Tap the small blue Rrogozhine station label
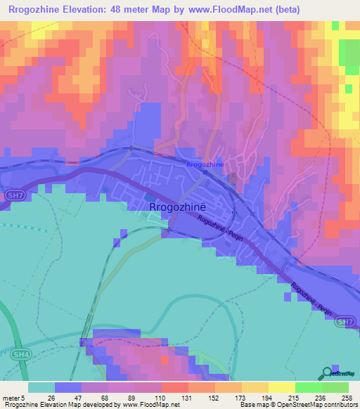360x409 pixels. pyautogui.click(x=205, y=164)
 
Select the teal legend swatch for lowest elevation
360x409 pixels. pyautogui.click(x=41, y=387)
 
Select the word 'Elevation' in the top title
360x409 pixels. pyautogui.click(x=87, y=10)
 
